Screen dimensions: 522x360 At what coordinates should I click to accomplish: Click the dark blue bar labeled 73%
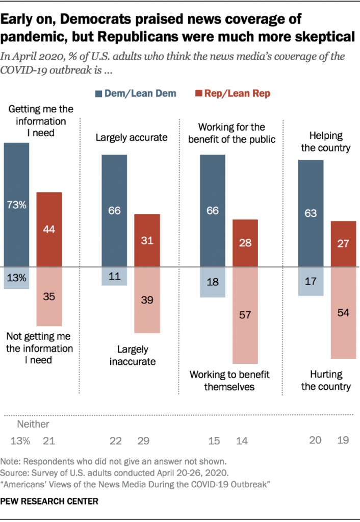(17, 205)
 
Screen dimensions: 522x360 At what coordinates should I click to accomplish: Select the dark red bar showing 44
(49, 229)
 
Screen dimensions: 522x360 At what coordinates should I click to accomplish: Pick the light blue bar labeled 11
(115, 276)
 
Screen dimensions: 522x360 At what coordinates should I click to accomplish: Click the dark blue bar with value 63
(311, 213)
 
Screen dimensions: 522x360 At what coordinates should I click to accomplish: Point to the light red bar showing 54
(343, 312)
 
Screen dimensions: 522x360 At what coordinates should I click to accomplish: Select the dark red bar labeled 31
(147, 240)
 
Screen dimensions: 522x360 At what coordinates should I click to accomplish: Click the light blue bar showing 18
(213, 282)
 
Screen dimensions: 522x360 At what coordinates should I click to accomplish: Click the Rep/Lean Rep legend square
(197, 93)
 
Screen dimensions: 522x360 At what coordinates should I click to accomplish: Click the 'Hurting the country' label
(326, 380)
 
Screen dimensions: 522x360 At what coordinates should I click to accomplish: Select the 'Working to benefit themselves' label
(229, 380)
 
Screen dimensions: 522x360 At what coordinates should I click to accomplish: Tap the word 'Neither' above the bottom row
(33, 424)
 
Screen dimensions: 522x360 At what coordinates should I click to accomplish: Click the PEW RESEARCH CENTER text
(49, 502)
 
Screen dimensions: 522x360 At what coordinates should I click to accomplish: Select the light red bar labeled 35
(49, 296)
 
